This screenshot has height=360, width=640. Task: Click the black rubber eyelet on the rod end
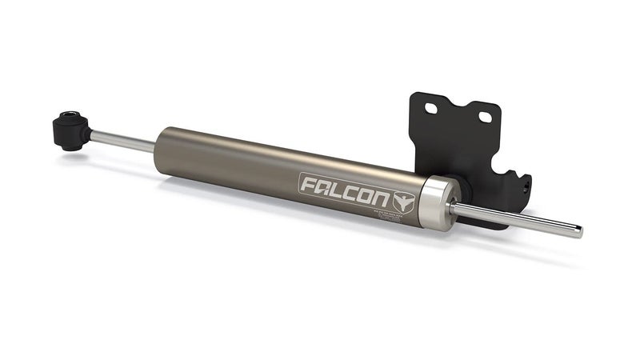70,130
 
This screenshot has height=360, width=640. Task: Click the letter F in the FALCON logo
310,186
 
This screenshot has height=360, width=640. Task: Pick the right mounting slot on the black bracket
485,118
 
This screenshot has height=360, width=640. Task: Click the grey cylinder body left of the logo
232,160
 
